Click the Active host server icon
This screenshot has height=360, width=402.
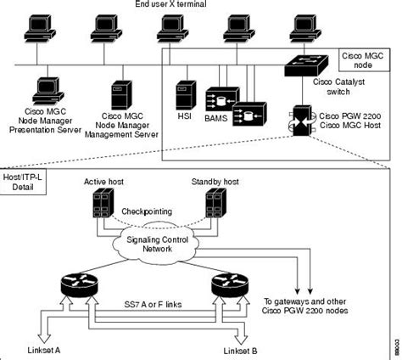pos(104,203)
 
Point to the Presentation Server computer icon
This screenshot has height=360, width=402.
pos(46,89)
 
